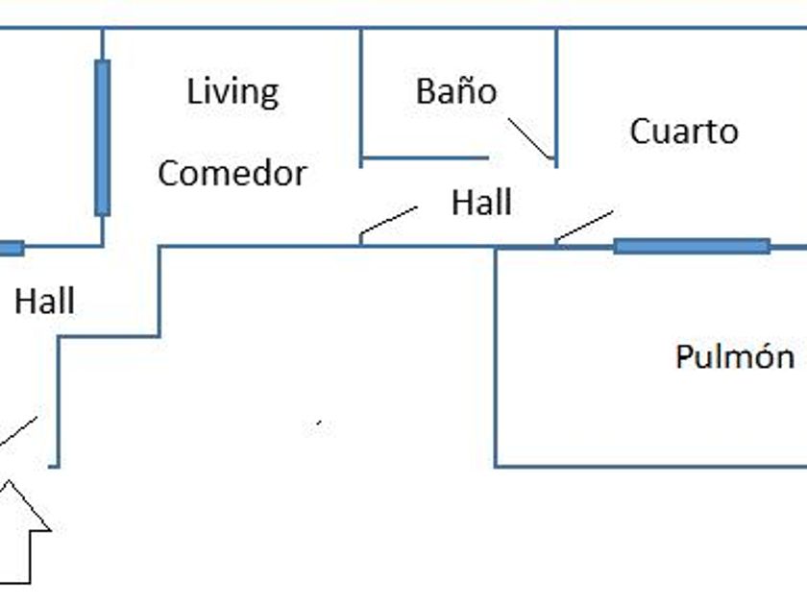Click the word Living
tap(232, 93)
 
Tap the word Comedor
tap(232, 174)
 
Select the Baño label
tap(456, 91)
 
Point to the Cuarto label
tap(683, 132)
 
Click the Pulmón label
tap(735, 357)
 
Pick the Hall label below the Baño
tap(480, 204)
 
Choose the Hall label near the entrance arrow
tap(44, 302)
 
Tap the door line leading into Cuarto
tap(583, 227)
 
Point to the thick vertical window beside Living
tap(102, 137)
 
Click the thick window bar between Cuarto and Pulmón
tap(692, 246)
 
